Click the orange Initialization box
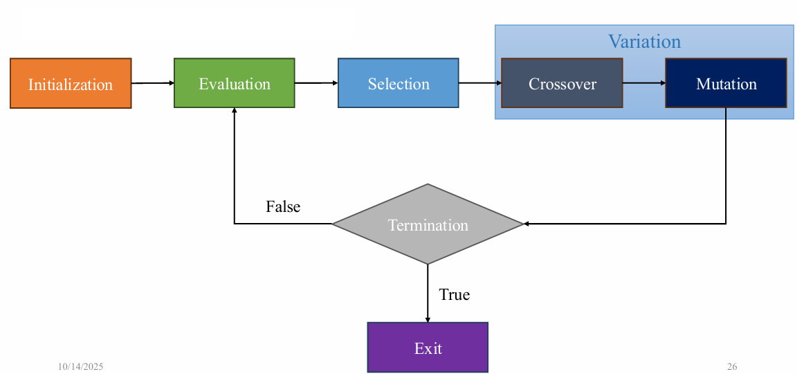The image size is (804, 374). (71, 84)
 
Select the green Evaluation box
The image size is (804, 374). (235, 83)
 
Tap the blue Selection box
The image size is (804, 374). (399, 83)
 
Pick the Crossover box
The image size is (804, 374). (562, 83)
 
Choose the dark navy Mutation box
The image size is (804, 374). (726, 83)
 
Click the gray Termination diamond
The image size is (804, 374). (428, 224)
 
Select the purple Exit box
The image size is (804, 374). (428, 348)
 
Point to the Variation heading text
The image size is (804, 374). (644, 42)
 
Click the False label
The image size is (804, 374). (283, 206)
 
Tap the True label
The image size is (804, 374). (454, 294)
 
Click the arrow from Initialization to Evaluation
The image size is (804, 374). (152, 83)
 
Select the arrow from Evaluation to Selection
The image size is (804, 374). (316, 83)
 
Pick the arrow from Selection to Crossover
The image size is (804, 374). (480, 83)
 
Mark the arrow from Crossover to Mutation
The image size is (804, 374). (644, 83)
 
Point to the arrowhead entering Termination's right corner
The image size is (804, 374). (527, 224)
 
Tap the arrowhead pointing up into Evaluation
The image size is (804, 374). (235, 111)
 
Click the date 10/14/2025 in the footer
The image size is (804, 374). (80, 366)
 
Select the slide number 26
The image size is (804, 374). (732, 366)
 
